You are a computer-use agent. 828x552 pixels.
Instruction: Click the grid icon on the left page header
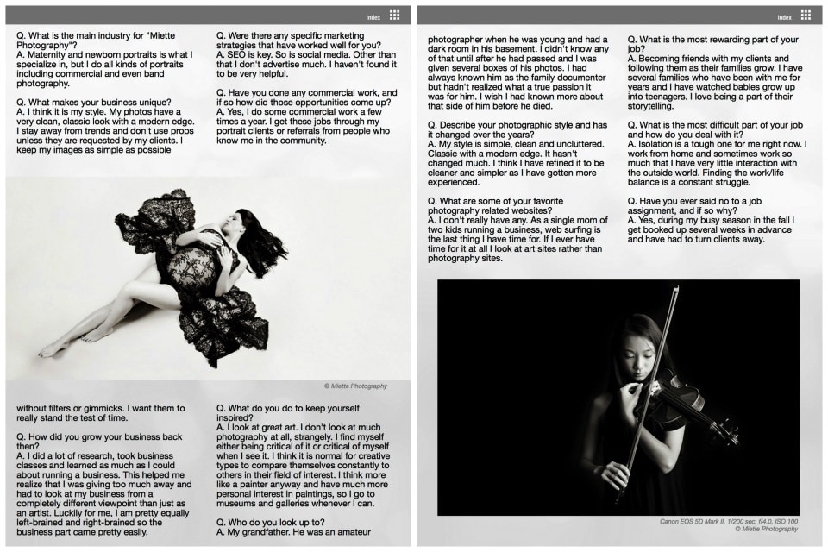tap(394, 16)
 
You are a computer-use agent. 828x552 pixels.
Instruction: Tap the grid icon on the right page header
tap(806, 16)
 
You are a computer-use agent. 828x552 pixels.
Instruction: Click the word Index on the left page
tap(373, 17)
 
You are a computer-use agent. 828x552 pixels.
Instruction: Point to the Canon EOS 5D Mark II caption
tap(729, 521)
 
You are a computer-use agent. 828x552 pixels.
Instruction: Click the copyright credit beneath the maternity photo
tap(355, 386)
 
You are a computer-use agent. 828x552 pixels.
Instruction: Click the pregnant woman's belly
tap(191, 268)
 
